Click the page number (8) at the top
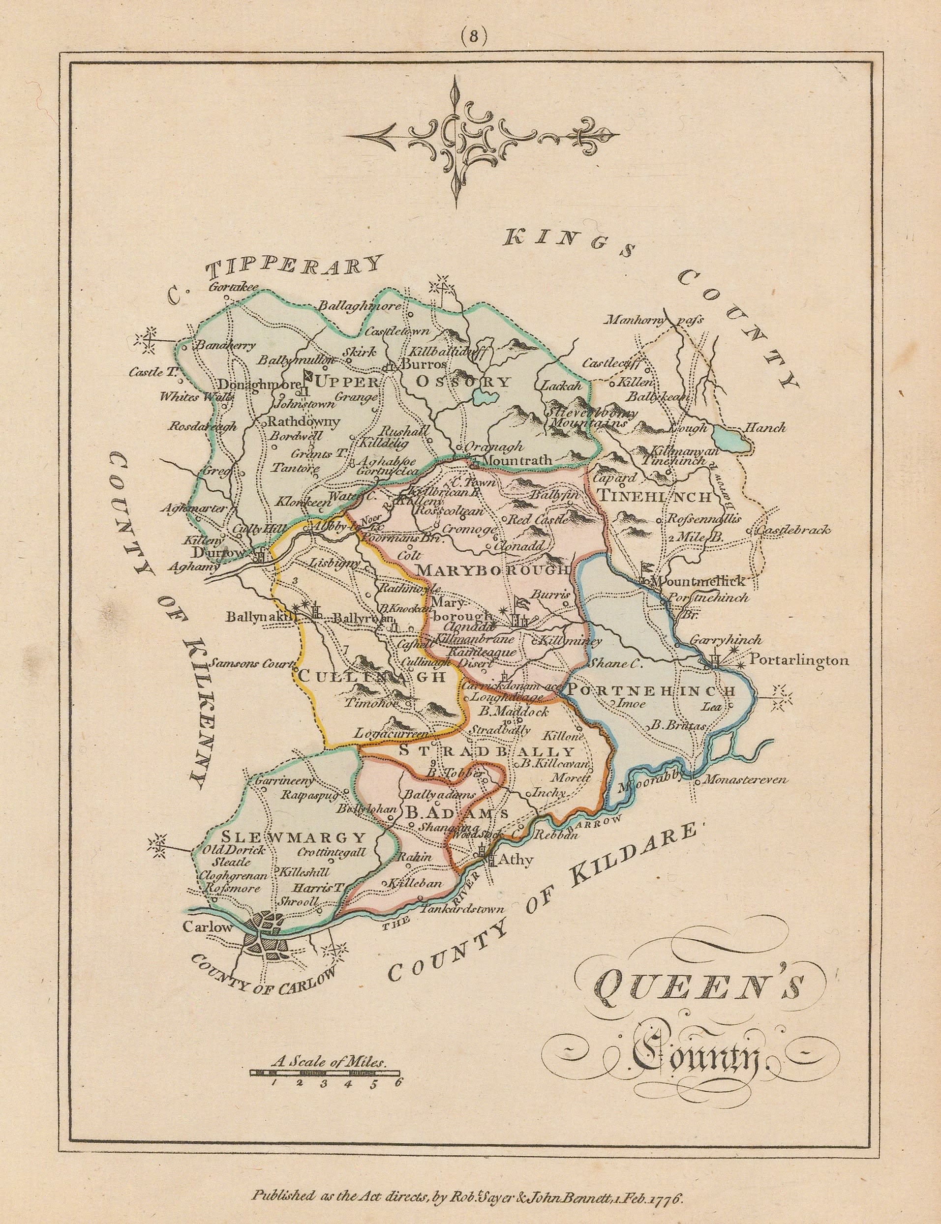tap(471, 36)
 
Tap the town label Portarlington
tap(799, 661)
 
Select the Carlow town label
tap(207, 926)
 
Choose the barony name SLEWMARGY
tap(294, 838)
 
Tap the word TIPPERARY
tap(294, 270)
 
